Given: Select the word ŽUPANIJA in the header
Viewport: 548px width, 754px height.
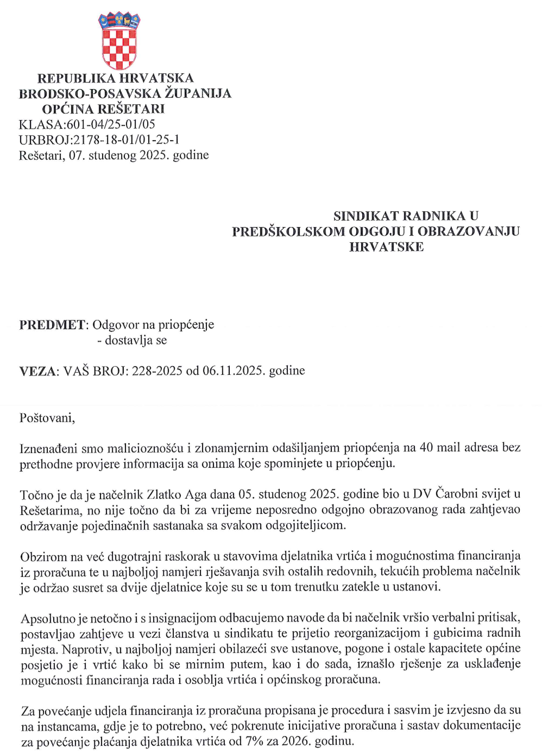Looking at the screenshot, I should coord(198,94).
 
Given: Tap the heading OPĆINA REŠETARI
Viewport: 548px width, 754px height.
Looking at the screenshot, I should coord(103,109).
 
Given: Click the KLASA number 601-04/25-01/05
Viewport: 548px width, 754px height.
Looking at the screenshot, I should coord(111,124).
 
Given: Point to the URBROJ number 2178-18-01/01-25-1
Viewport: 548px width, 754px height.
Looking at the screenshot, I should coord(126,140).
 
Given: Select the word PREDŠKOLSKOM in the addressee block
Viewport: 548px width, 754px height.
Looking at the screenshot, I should coord(288,231).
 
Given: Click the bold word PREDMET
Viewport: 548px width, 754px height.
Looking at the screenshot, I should coord(52,325).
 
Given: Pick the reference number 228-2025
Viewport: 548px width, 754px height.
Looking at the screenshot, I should coord(157,371).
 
